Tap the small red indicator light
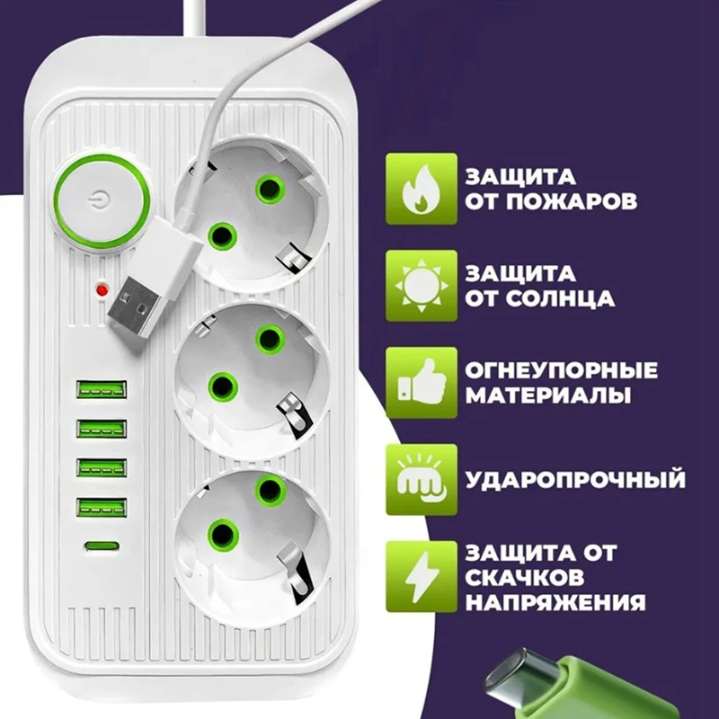[101, 290]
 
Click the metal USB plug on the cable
[135, 302]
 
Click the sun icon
[416, 287]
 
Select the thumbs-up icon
[416, 383]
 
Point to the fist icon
[416, 478]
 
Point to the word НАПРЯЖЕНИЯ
[555, 601]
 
